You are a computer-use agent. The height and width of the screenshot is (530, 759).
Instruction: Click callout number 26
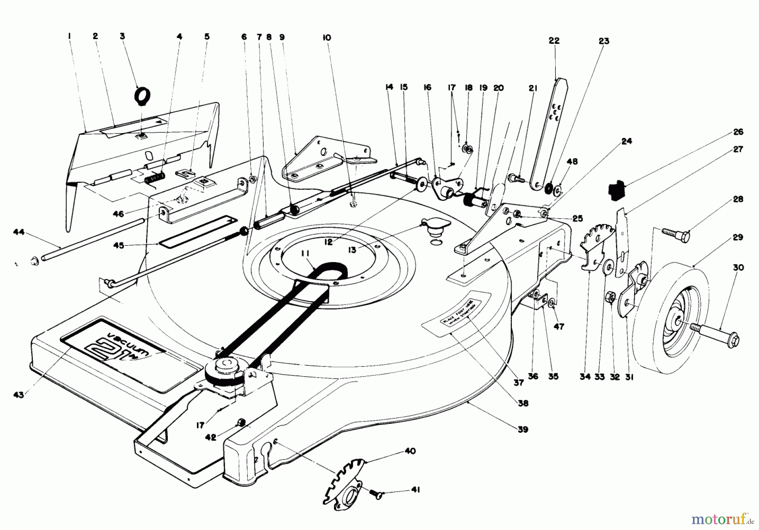pos(738,132)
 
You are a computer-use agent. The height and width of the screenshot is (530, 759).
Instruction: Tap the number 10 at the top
pos(326,37)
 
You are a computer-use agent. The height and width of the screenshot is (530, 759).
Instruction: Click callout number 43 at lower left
pos(18,394)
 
